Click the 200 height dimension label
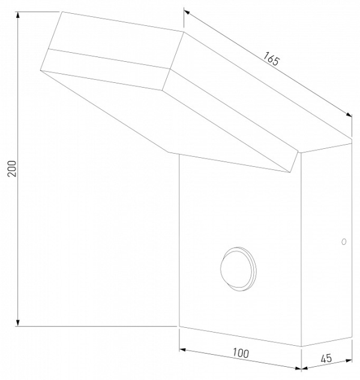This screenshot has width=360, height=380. (12, 169)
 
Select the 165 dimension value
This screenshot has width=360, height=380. (271, 59)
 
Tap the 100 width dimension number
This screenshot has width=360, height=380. (241, 353)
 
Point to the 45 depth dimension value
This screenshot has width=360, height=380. (326, 358)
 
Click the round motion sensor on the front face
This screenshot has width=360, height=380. (238, 269)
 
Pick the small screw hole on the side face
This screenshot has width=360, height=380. (344, 241)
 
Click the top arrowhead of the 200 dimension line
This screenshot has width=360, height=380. (17, 14)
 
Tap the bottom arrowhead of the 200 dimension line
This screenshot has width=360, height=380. (17, 323)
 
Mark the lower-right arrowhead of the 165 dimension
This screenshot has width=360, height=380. (349, 115)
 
